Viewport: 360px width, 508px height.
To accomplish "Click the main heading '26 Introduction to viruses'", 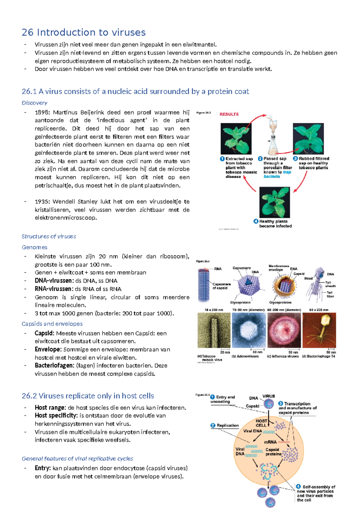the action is click(83, 32).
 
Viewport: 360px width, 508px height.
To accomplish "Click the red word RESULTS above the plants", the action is click(229, 114).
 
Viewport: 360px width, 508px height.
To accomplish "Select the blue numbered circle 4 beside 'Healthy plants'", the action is click(256, 221).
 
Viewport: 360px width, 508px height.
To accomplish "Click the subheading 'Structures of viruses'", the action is click(49, 236).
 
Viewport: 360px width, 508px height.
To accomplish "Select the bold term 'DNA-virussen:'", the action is click(53, 281).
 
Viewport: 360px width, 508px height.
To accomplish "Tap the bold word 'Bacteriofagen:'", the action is click(54, 366).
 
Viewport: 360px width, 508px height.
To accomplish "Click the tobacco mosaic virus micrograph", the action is click(214, 330).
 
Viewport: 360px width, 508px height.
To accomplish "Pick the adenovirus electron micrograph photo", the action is click(248, 330).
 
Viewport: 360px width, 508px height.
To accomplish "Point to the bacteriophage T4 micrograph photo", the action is click(319, 330).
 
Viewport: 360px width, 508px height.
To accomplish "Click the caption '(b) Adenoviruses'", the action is click(245, 356).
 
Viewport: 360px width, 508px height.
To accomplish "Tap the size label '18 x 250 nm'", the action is click(214, 310).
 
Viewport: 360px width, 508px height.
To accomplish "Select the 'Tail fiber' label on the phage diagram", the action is click(330, 294).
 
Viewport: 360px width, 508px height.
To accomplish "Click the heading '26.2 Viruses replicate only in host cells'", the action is click(88, 396).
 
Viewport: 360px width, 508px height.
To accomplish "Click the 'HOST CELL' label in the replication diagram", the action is click(261, 423).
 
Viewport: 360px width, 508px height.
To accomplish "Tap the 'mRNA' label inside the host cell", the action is click(270, 442).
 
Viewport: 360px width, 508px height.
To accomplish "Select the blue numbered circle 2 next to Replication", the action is click(213, 425).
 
